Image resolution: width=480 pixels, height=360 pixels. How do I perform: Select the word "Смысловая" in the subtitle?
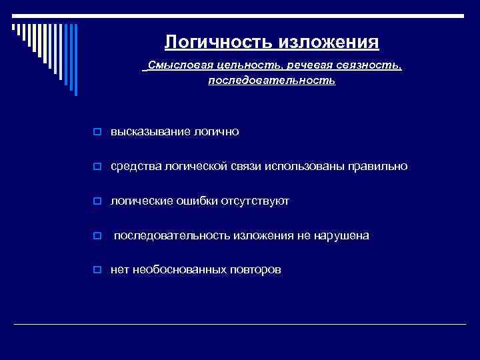point(175,66)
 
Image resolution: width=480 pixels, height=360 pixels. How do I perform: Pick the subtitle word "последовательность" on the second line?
point(272,81)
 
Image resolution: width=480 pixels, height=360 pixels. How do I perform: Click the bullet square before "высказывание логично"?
point(97,133)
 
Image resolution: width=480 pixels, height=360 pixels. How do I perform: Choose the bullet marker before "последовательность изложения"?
point(97,237)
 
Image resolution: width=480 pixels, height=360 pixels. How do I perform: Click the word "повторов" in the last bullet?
point(255,271)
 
